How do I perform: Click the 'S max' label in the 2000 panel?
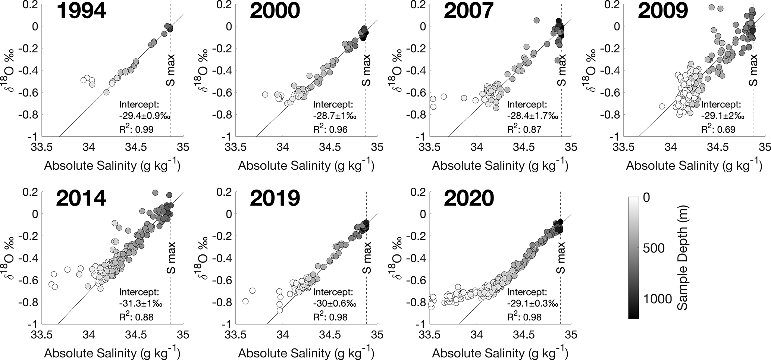pyautogui.click(x=367, y=70)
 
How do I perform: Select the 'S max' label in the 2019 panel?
pyautogui.click(x=367, y=258)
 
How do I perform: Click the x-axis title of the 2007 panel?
pyautogui.click(x=500, y=165)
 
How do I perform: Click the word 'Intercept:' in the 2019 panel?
pyautogui.click(x=333, y=292)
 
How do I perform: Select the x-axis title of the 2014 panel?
pyautogui.click(x=112, y=353)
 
